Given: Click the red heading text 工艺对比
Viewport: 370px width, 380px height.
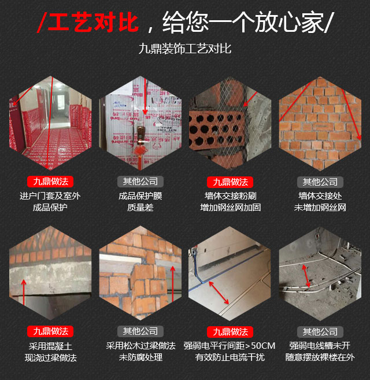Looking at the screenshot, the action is point(93,23).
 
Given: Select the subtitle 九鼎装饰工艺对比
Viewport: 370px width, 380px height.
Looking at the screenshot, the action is point(185,49).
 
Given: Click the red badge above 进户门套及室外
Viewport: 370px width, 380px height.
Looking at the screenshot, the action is point(50,182).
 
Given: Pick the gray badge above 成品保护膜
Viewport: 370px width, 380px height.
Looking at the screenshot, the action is point(140,182).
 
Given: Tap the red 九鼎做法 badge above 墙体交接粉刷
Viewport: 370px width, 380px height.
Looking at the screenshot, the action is point(230,182).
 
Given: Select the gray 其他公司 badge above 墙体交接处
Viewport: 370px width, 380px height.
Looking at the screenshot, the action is point(320,182).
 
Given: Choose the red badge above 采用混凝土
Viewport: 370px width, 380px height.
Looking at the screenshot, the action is point(50,331).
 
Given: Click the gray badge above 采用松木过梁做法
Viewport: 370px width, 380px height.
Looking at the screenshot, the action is point(140,331).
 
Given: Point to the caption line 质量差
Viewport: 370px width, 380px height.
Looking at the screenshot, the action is point(140,208).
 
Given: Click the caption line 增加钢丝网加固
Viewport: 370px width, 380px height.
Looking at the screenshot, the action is point(230,208).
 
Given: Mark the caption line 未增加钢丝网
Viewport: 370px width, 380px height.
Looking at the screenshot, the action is point(320,208).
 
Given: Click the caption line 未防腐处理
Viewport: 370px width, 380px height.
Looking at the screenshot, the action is point(140,357).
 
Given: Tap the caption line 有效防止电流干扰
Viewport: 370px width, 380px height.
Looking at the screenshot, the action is point(230,357).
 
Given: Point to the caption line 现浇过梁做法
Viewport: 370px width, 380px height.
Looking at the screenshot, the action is point(51,357).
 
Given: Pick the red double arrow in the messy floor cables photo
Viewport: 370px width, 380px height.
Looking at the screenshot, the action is point(306,276).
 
